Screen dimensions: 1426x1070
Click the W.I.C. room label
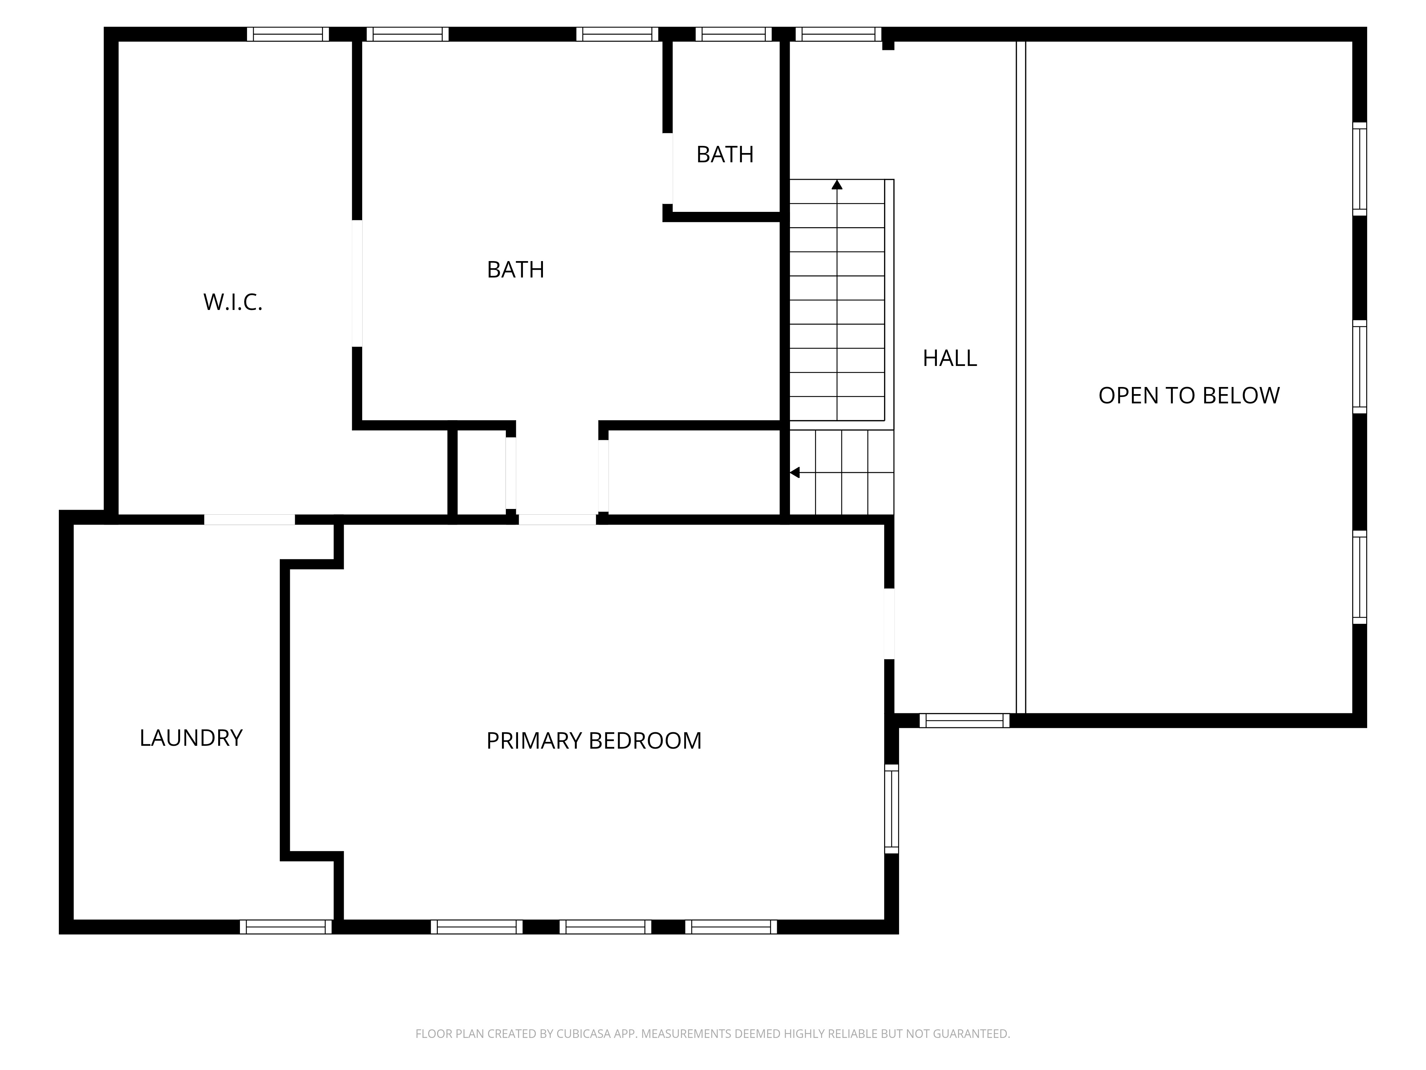pos(233,302)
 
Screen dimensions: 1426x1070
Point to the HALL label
pos(950,358)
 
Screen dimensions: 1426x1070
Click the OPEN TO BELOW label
pos(1189,395)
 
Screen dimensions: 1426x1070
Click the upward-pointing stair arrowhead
pos(837,184)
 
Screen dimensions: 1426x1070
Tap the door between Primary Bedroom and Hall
pos(889,624)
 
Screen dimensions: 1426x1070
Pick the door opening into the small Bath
pos(668,168)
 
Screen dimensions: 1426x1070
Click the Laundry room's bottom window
pos(286,927)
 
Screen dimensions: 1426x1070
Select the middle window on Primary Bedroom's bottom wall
pos(605,927)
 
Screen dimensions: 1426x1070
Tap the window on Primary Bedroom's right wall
pos(892,809)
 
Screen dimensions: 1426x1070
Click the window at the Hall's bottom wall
pos(964,720)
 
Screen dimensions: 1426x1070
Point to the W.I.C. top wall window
pos(288,34)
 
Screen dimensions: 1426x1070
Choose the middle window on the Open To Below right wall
pos(1360,366)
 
